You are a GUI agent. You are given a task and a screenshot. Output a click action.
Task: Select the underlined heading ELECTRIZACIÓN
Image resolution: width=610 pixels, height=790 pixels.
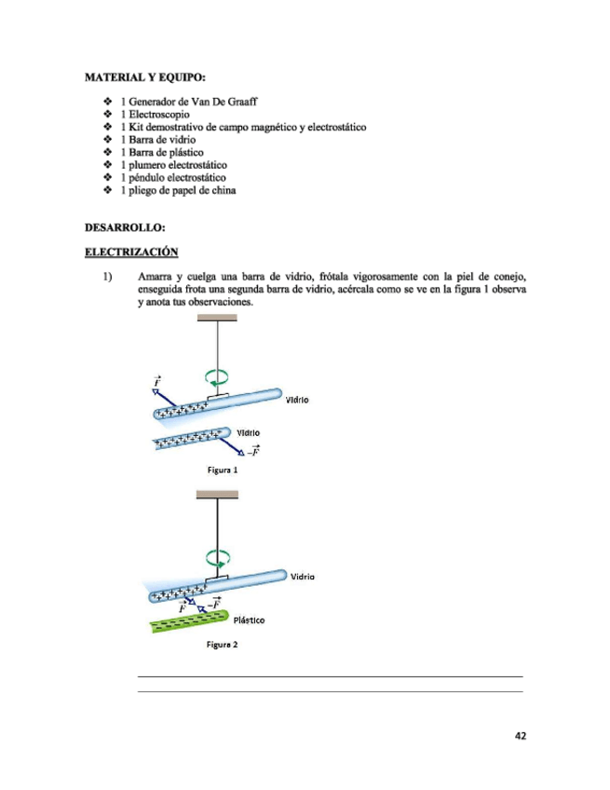[x=131, y=252]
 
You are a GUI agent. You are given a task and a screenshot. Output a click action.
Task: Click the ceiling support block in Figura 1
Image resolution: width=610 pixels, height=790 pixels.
[x=217, y=318]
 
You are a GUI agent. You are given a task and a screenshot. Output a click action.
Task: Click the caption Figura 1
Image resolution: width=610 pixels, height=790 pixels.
[x=223, y=470]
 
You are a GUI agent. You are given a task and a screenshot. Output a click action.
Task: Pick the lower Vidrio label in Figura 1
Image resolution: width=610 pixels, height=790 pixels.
[x=248, y=432]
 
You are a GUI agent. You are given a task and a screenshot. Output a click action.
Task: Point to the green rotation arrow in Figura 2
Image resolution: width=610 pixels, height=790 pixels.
[x=219, y=559]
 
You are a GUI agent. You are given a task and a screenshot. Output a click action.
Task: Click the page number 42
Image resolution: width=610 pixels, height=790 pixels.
[x=521, y=735]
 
